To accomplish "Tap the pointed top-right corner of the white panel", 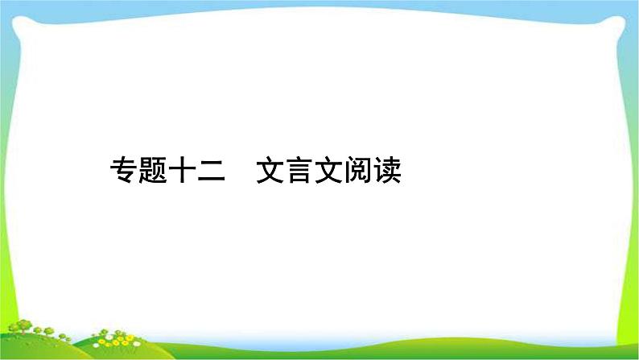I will click(x=623, y=18).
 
